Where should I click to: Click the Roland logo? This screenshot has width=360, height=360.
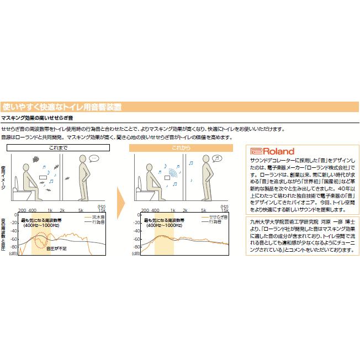272,151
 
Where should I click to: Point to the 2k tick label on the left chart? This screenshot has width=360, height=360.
62,211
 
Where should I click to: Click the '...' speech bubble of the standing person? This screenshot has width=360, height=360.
94,159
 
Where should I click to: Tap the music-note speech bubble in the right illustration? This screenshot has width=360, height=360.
217,158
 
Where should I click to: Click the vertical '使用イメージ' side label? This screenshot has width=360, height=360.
4,178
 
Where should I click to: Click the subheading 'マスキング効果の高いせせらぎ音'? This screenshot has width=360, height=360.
37,119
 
